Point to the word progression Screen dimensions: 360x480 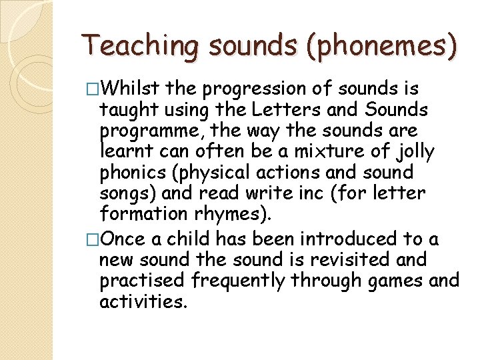[251, 89]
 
